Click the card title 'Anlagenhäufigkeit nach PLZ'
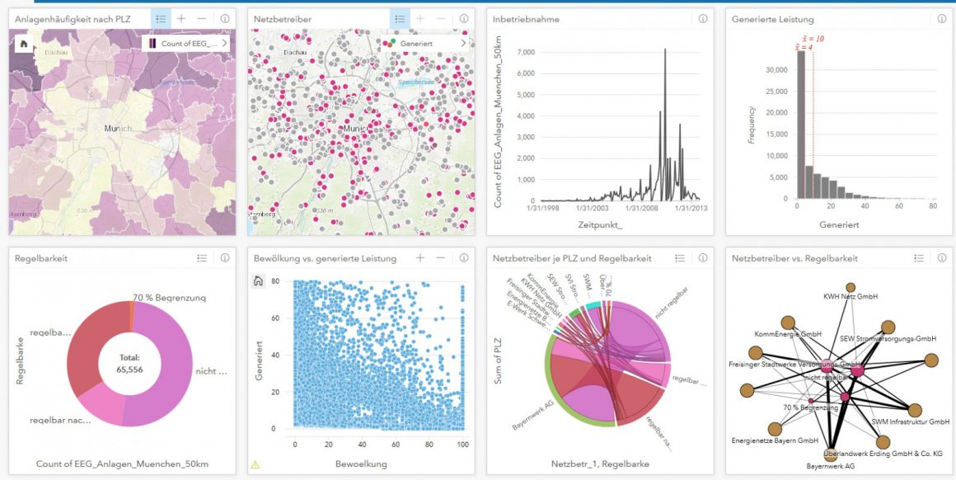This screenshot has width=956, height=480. tap(73, 19)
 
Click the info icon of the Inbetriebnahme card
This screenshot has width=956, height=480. tap(702, 18)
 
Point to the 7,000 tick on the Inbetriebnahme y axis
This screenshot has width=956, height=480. tap(525, 52)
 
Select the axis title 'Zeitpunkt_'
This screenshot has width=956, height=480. tap(600, 224)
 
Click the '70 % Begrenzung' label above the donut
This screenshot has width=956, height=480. tap(169, 298)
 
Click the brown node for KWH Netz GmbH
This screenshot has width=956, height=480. tap(851, 288)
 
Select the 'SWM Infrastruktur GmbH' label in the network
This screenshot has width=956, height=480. tap(910, 421)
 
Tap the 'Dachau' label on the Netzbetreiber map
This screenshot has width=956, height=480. tap(293, 52)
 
